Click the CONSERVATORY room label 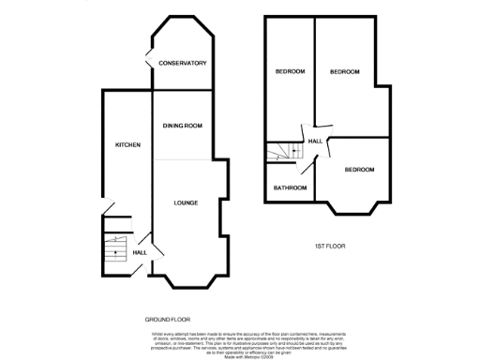pyautogui.click(x=182, y=63)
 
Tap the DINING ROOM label pyautogui.click(x=184, y=125)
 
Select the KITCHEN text pyautogui.click(x=127, y=145)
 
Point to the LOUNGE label pyautogui.click(x=185, y=202)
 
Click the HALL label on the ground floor pyautogui.click(x=140, y=252)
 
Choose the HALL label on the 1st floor pyautogui.click(x=316, y=141)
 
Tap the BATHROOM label pyautogui.click(x=290, y=187)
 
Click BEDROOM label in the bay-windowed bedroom pyautogui.click(x=359, y=170)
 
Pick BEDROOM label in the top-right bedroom pyautogui.click(x=346, y=71)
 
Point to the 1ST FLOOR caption pyautogui.click(x=330, y=245)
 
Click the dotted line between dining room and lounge pyautogui.click(x=184, y=159)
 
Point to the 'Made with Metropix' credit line pyautogui.click(x=240, y=354)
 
